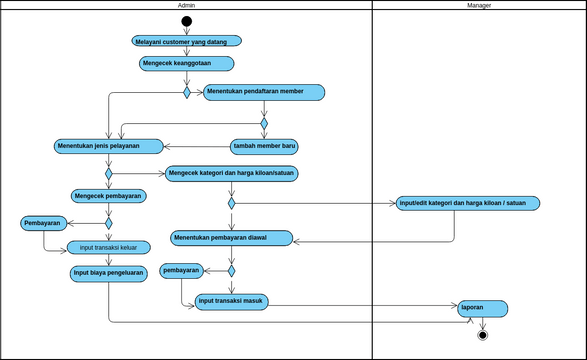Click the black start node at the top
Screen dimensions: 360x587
pos(186,22)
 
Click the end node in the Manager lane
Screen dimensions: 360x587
pos(483,334)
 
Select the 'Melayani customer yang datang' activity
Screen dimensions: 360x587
pos(186,42)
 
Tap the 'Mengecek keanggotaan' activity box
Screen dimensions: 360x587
pos(186,63)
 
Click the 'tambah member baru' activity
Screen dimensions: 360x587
pos(265,146)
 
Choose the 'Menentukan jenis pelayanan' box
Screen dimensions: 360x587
pos(108,146)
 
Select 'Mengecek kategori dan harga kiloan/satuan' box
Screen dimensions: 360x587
pos(232,172)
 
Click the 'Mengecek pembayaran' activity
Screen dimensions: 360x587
pos(108,196)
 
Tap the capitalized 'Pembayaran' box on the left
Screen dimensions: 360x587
pos(43,223)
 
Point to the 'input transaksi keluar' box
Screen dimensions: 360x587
pos(108,247)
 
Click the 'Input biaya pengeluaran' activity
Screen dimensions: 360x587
pos(108,272)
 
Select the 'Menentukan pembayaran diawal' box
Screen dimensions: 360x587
pos(232,238)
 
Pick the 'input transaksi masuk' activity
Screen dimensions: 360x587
pos(231,301)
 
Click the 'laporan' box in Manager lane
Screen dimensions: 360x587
pos(482,308)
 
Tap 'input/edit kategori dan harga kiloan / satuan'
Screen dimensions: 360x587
pos(468,203)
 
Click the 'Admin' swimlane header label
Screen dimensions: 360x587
pos(186,6)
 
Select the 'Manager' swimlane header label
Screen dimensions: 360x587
pos(479,6)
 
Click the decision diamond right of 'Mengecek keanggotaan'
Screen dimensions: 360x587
pos(186,93)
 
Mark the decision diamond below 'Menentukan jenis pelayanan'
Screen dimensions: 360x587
pos(108,172)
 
